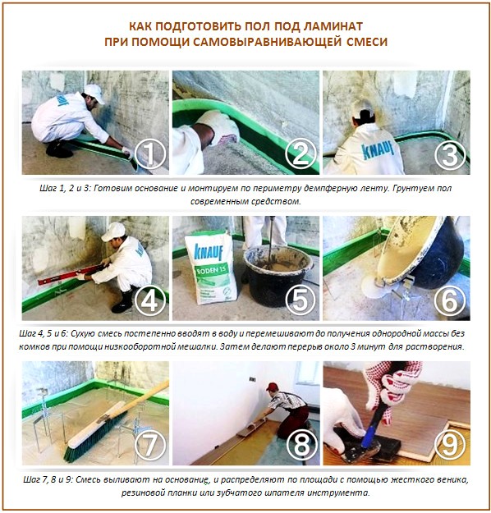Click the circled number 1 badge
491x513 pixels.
point(150,154)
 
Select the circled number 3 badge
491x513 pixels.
point(451,154)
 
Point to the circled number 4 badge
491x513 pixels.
point(150,300)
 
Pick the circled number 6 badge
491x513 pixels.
point(451,300)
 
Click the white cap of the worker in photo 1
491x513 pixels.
point(93,91)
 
